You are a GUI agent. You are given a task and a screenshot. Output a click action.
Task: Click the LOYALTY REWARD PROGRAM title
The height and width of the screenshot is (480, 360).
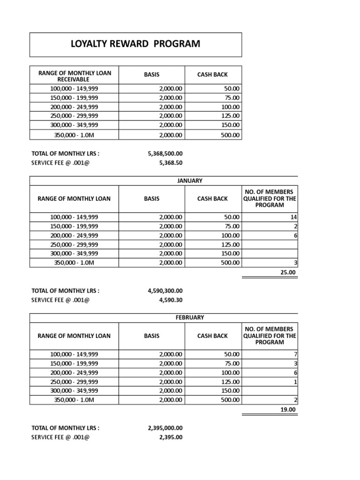[x=135, y=44]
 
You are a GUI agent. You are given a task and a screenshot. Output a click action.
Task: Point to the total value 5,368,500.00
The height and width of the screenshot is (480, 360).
[x=165, y=153]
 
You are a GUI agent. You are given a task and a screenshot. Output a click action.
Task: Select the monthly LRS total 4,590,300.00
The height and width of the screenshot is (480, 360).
[x=165, y=291]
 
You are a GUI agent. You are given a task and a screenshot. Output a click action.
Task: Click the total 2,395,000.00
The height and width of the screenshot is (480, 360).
[x=165, y=428]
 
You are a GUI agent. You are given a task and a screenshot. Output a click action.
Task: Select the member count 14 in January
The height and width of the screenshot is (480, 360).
[x=294, y=217]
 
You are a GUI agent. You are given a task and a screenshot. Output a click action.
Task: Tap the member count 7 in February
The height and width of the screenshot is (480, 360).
[x=295, y=354]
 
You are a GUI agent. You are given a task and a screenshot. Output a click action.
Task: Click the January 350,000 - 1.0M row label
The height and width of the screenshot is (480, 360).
[x=74, y=262]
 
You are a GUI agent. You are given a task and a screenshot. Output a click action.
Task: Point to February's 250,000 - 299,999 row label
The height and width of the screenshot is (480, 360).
[x=74, y=382]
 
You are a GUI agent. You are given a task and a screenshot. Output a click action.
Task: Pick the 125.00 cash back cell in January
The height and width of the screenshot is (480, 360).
[x=230, y=244]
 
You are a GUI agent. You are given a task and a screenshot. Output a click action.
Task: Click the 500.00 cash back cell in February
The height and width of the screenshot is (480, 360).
[x=230, y=400]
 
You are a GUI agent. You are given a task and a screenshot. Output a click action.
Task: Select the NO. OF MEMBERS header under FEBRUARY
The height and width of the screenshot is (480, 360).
[x=270, y=336]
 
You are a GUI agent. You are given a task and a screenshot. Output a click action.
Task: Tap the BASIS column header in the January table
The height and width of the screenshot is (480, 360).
[x=152, y=199]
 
